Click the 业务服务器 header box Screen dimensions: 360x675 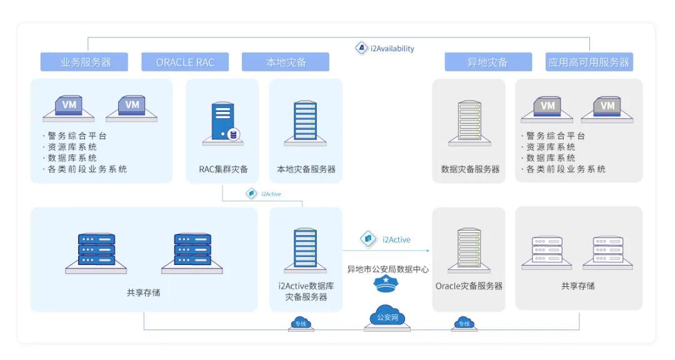(x=84, y=62)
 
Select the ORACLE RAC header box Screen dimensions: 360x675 (x=185, y=62)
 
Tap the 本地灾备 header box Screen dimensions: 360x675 (x=286, y=62)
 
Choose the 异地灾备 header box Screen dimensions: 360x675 (x=487, y=62)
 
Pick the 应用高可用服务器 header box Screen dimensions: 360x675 (x=589, y=62)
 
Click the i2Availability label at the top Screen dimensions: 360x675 (x=385, y=48)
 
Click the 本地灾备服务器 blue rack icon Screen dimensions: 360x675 (x=306, y=123)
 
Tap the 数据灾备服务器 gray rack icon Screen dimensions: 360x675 (x=469, y=123)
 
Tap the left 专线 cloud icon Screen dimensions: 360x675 (x=302, y=323)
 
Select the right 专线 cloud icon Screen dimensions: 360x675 (x=464, y=323)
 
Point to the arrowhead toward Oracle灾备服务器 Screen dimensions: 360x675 (x=428, y=251)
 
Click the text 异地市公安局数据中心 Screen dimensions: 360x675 (x=387, y=269)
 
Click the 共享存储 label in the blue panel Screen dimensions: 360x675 (x=143, y=292)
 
